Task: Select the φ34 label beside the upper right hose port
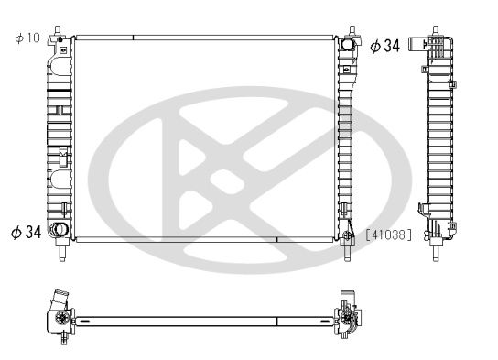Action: pyautogui.click(x=384, y=46)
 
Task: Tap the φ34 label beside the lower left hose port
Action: pyautogui.click(x=26, y=232)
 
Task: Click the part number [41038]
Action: pyautogui.click(x=388, y=235)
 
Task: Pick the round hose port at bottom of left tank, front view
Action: pyautogui.click(x=60, y=230)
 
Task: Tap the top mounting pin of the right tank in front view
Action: pyautogui.click(x=350, y=30)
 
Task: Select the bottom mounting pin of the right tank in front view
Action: pyautogui.click(x=348, y=249)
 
